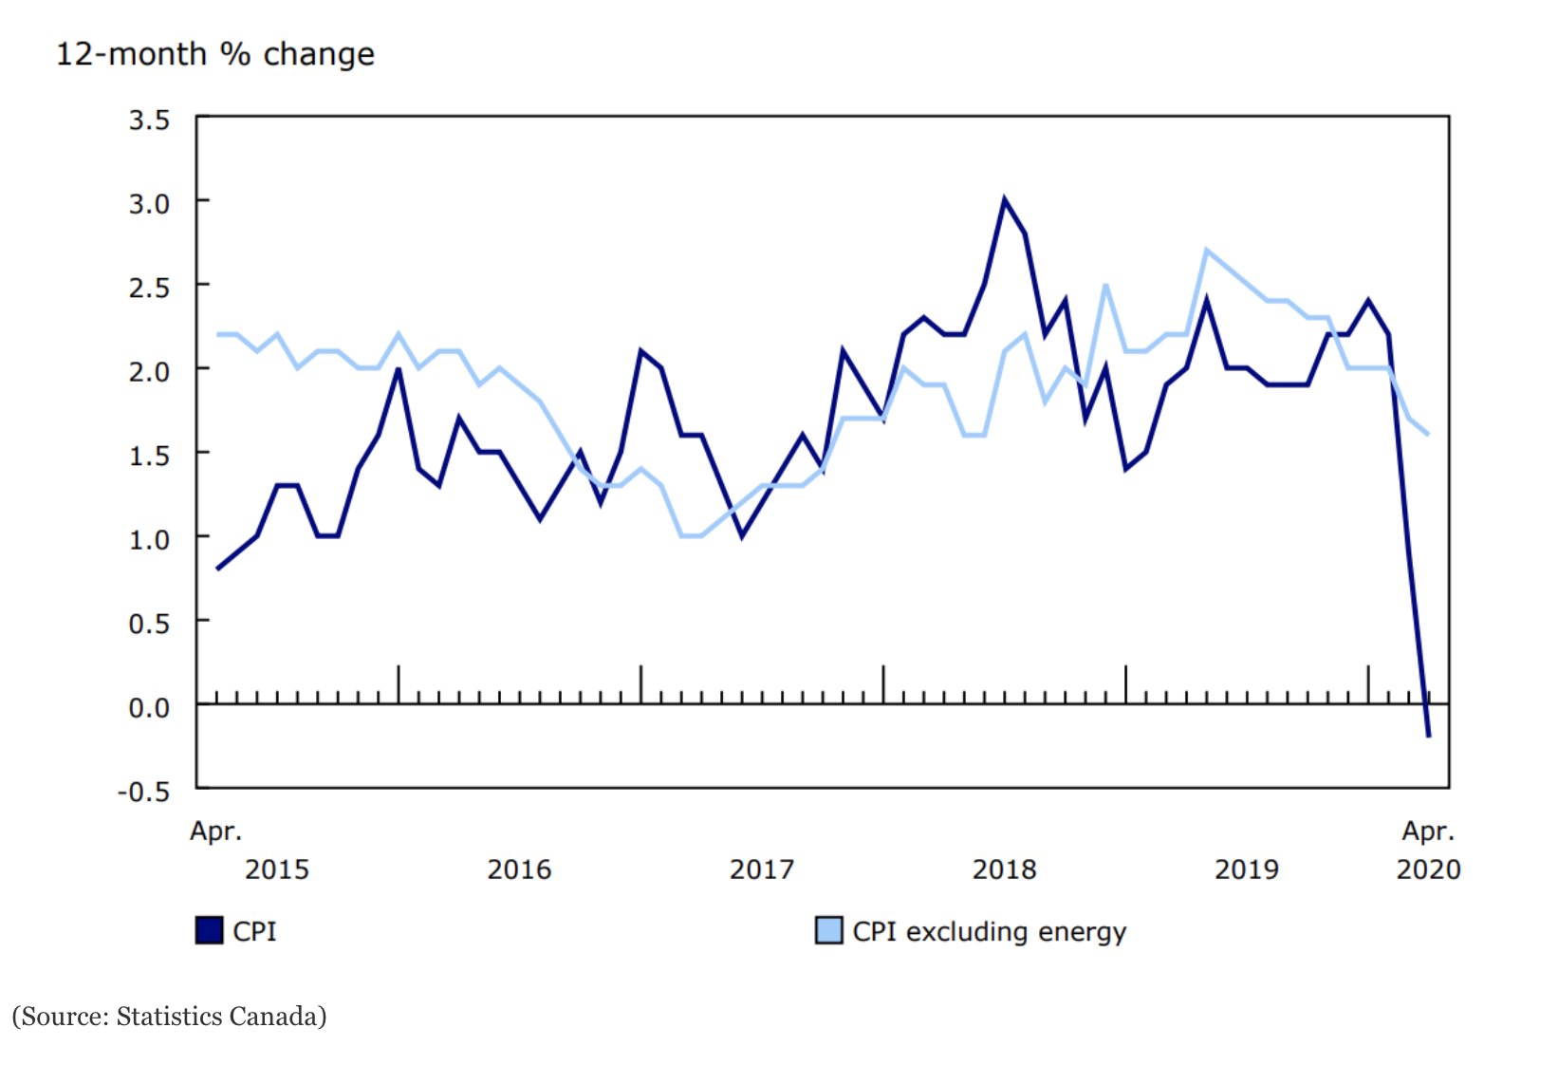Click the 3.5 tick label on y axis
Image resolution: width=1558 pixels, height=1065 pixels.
click(149, 121)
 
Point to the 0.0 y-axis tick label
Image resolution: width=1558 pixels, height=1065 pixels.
click(149, 707)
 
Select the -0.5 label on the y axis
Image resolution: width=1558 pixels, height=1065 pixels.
click(143, 792)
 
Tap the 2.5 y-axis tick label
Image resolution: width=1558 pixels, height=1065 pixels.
click(149, 288)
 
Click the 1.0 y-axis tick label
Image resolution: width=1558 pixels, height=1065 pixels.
click(149, 539)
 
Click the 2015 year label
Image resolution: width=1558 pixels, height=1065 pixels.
click(277, 869)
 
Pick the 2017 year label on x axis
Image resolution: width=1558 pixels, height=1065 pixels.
click(761, 869)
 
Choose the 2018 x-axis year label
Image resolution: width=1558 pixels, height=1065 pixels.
click(1004, 869)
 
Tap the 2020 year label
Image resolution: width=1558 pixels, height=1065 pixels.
click(1428, 869)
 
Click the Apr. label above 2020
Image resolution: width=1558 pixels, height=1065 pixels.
click(1428, 831)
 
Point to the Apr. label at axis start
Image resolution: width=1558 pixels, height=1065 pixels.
click(216, 831)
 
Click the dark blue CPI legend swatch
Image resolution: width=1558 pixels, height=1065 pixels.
click(209, 930)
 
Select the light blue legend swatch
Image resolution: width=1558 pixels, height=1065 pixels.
click(828, 930)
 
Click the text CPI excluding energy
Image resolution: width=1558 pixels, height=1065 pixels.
click(989, 931)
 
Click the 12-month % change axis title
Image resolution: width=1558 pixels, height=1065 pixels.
click(215, 54)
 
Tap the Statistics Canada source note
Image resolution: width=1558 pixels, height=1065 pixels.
click(169, 1017)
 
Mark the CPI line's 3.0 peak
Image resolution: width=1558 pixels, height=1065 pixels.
click(1004, 200)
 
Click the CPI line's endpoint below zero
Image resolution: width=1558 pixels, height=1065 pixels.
click(1428, 736)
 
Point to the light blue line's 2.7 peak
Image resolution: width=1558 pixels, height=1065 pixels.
click(1206, 251)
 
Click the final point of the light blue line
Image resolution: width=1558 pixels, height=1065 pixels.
click(1428, 434)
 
